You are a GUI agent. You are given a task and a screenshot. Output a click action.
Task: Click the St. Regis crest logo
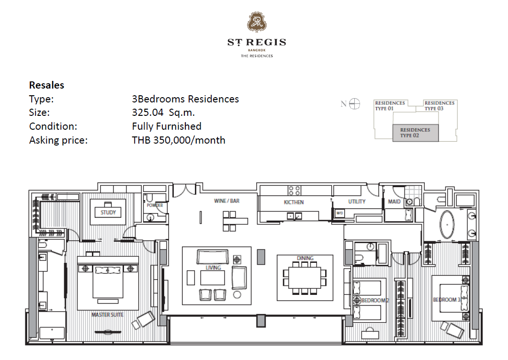(x=257, y=22)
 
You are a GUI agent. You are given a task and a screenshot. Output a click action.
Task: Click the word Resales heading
(x=46, y=85)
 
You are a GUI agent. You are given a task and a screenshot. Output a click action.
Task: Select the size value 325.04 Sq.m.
(x=163, y=112)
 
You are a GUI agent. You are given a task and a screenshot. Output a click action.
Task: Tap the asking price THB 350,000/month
(x=179, y=140)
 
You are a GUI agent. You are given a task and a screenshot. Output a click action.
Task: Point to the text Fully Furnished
(x=167, y=126)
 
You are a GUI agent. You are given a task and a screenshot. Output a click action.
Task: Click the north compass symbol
(x=354, y=104)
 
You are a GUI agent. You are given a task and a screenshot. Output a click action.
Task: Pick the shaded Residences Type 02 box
(x=415, y=133)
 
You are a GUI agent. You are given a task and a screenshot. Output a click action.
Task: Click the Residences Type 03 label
(x=440, y=106)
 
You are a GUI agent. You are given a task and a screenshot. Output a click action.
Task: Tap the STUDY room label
(x=108, y=213)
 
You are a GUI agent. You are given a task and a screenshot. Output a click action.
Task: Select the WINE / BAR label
(x=227, y=201)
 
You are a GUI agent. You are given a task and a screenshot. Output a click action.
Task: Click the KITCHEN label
(x=294, y=202)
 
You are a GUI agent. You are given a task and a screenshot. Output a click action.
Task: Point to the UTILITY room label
(x=357, y=202)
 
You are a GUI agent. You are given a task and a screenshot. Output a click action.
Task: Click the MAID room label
(x=394, y=202)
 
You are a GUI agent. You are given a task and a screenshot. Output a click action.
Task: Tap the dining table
(x=305, y=278)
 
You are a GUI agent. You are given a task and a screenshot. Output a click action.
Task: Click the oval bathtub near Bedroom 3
(x=447, y=225)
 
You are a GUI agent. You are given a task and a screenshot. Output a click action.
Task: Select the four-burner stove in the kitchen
(x=294, y=191)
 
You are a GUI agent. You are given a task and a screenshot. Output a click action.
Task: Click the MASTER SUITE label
(x=107, y=315)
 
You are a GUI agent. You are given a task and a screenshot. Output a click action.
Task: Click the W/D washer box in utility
(x=339, y=213)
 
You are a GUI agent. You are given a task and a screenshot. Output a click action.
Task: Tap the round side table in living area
(x=237, y=294)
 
